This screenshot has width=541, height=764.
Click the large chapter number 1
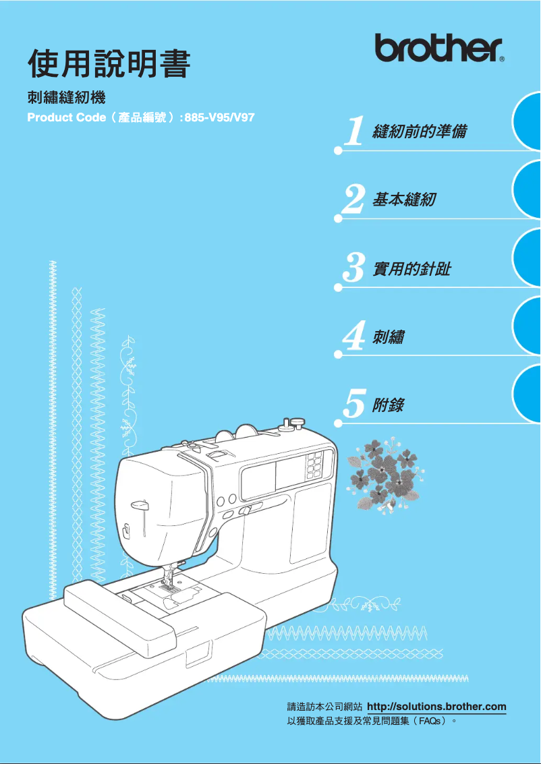[x=354, y=131]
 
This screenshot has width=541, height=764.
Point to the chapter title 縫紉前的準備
[x=419, y=131]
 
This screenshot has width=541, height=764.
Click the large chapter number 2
[x=354, y=200]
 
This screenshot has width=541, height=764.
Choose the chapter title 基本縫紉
[x=403, y=200]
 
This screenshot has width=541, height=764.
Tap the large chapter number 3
[x=354, y=268]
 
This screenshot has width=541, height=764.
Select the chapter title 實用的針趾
[x=411, y=269]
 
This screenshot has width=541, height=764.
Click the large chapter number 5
[x=354, y=405]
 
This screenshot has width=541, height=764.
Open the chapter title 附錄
[x=388, y=405]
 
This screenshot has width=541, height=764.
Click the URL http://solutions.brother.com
[x=436, y=707]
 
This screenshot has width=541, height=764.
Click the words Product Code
[x=66, y=117]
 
